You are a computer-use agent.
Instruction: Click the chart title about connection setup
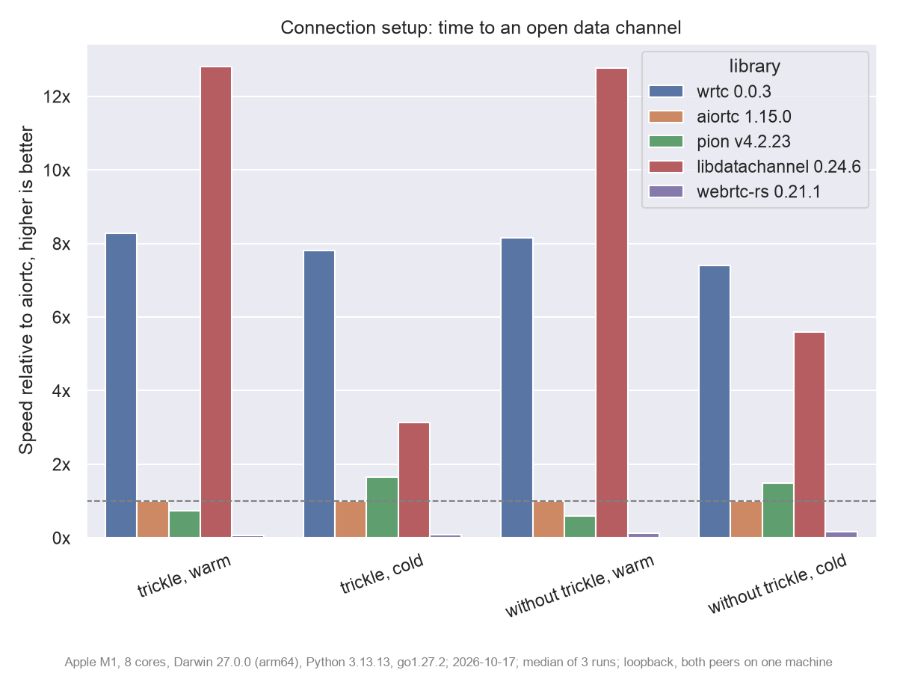pos(481,28)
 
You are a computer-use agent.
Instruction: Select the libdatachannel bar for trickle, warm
pos(216,302)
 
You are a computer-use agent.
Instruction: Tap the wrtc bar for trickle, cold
pos(319,394)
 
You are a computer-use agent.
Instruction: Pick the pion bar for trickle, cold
pos(382,507)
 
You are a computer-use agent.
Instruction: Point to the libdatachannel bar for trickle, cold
pos(414,480)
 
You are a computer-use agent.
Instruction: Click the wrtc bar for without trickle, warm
pos(517,388)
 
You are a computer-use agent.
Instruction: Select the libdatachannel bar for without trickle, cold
pos(810,434)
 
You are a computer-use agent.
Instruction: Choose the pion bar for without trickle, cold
pos(778,511)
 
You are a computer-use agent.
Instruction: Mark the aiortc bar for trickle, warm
pos(152,519)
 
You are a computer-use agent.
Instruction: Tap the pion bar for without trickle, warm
pos(580,526)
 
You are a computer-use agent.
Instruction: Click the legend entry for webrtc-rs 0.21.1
pos(735,191)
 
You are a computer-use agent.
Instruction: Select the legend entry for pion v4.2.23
pos(720,141)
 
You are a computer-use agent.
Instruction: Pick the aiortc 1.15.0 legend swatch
pos(666,117)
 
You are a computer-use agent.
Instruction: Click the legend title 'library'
pos(755,67)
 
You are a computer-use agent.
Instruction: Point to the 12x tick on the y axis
pos(57,97)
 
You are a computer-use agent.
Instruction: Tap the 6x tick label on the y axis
pos(61,318)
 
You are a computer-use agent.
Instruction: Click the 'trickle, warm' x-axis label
pos(185,576)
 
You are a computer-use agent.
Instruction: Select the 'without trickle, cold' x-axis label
pos(777,583)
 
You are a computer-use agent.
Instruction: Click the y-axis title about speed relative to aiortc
pos(26,290)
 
